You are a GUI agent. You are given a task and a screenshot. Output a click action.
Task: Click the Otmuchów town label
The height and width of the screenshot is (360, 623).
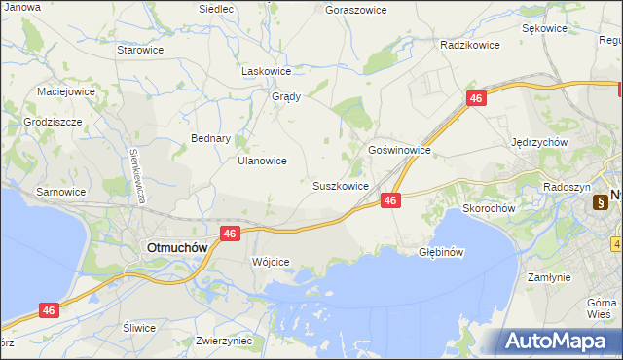pyautogui.click(x=176, y=247)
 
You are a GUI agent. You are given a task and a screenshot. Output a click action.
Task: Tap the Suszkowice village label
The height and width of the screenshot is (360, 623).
pyautogui.click(x=340, y=185)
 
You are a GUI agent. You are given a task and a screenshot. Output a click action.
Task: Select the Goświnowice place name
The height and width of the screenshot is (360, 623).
pyautogui.click(x=399, y=151)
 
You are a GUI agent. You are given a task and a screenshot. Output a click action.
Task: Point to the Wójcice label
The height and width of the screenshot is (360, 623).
pyautogui.click(x=271, y=262)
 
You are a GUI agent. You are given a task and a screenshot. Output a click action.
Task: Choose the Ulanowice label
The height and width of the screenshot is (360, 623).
pyautogui.click(x=262, y=161)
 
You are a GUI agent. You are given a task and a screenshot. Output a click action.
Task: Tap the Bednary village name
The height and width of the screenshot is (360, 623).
pyautogui.click(x=210, y=138)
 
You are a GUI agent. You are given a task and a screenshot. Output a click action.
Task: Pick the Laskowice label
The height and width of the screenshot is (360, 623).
pyautogui.click(x=267, y=71)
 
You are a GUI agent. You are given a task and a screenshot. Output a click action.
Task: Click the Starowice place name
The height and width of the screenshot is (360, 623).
pyautogui.click(x=139, y=49)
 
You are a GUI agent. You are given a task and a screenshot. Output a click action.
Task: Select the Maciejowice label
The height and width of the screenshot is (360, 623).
pyautogui.click(x=65, y=91)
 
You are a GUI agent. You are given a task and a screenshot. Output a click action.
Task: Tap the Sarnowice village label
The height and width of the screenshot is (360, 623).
pyautogui.click(x=61, y=192)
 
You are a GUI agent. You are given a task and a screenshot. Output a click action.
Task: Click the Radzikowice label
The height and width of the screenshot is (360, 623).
pyautogui.click(x=469, y=45)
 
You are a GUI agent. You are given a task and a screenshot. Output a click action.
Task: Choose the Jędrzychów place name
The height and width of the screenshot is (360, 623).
pyautogui.click(x=539, y=141)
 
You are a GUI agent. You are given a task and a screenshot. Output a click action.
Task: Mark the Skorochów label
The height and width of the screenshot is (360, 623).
pyautogui.click(x=489, y=207)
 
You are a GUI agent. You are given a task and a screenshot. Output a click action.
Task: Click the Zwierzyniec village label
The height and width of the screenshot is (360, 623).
pyautogui.click(x=224, y=341)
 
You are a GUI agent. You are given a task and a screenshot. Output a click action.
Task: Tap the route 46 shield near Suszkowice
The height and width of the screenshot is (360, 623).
pyautogui.click(x=390, y=199)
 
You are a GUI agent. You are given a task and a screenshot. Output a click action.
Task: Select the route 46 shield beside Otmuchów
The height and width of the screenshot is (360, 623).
pyautogui.click(x=230, y=234)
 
